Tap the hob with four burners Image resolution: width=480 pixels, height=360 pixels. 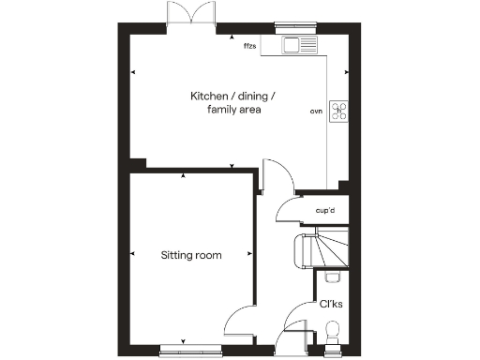click(337, 112)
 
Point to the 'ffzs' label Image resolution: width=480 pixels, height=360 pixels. click(249, 45)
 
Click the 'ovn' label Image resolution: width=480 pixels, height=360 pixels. click(316, 112)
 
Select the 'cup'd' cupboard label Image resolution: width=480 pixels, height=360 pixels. click(326, 211)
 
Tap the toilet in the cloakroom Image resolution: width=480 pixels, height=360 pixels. click(331, 331)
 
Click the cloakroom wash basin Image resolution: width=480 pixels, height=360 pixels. click(331, 277)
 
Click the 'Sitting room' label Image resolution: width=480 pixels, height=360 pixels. click(191, 254)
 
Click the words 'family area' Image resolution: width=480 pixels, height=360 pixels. click(233, 111)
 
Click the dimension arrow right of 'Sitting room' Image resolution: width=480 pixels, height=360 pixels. click(250, 254)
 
